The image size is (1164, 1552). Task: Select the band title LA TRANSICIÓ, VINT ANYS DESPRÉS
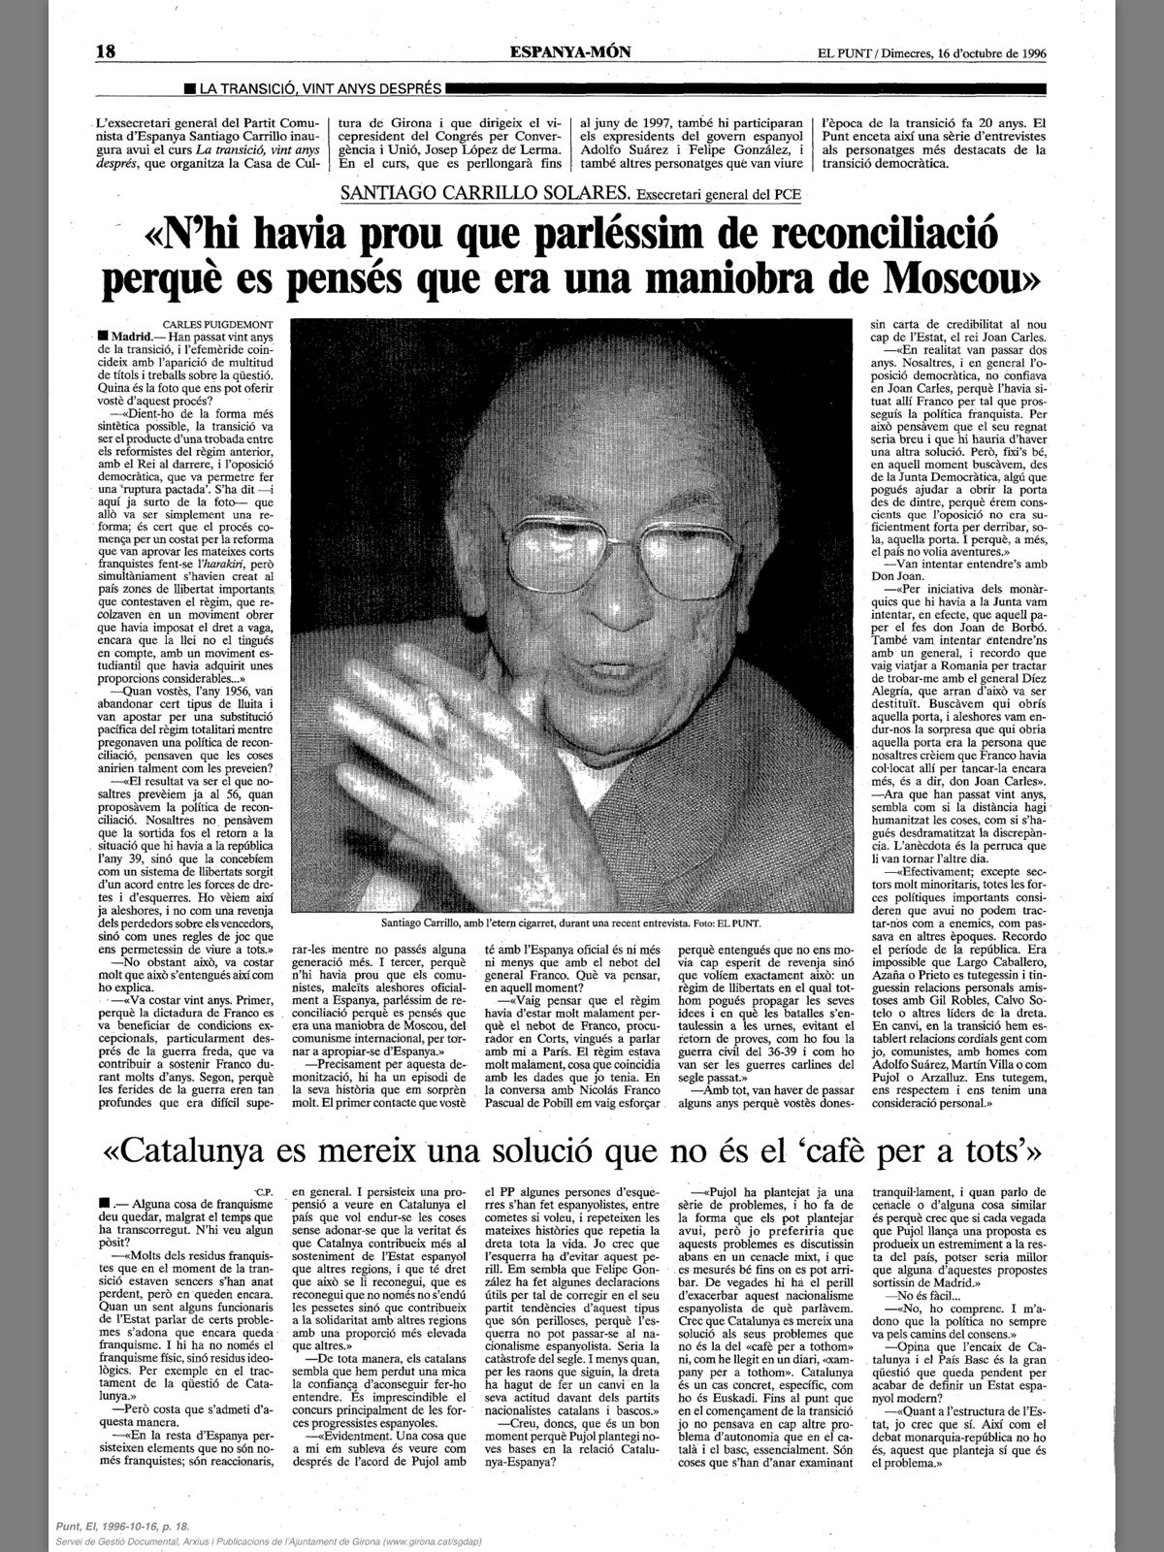(x=319, y=89)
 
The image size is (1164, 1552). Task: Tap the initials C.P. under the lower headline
(x=264, y=1190)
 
